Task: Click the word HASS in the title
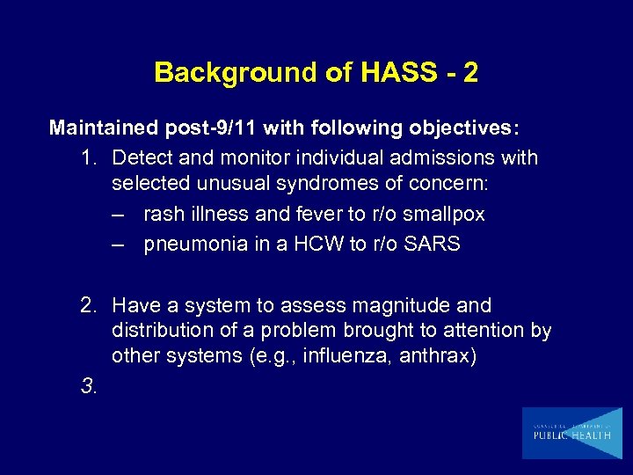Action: click(x=389, y=72)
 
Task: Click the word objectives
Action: click(x=462, y=128)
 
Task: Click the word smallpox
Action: click(x=444, y=215)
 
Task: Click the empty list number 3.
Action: click(x=87, y=385)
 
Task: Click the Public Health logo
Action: click(x=571, y=433)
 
